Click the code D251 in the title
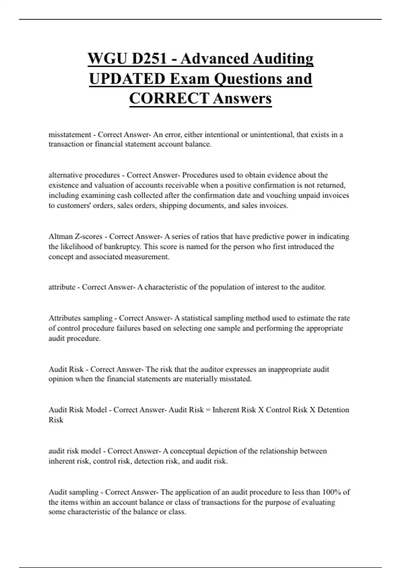(x=149, y=59)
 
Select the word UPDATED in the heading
(x=127, y=79)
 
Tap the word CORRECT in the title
(x=169, y=99)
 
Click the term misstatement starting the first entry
(x=70, y=135)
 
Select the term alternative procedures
(x=84, y=175)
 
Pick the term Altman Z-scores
(x=75, y=237)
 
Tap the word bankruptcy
(x=123, y=247)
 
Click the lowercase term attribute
(x=62, y=287)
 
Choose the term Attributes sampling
(x=80, y=318)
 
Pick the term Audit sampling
(x=73, y=492)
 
